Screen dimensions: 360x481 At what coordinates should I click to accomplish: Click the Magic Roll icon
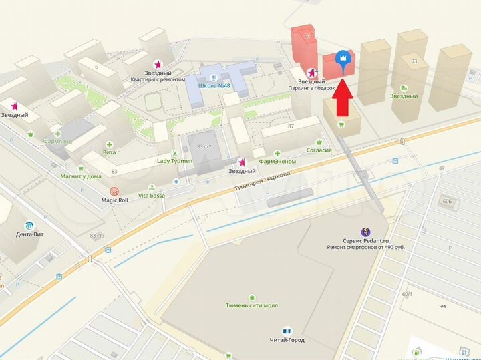point(114,191)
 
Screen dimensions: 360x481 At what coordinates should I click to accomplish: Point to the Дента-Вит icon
point(29,225)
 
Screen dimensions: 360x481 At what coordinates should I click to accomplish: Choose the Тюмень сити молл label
point(252,305)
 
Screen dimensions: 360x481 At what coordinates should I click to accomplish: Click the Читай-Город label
point(287,339)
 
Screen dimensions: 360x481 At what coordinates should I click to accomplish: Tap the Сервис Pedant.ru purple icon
point(365,231)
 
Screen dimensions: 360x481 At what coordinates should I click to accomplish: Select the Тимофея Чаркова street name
point(262,182)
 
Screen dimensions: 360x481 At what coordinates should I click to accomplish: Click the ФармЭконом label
point(277,161)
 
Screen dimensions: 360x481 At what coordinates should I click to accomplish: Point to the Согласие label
point(319,150)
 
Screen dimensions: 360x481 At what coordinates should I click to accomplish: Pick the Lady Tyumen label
point(174,161)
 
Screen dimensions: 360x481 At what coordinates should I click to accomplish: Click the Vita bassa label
point(151,195)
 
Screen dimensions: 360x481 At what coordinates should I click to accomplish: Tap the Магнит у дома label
point(80,176)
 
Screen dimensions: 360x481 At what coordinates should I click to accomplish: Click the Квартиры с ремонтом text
point(158,79)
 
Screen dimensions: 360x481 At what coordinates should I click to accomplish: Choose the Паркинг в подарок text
point(311,88)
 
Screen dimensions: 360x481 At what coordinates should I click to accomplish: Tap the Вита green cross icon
point(110,144)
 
